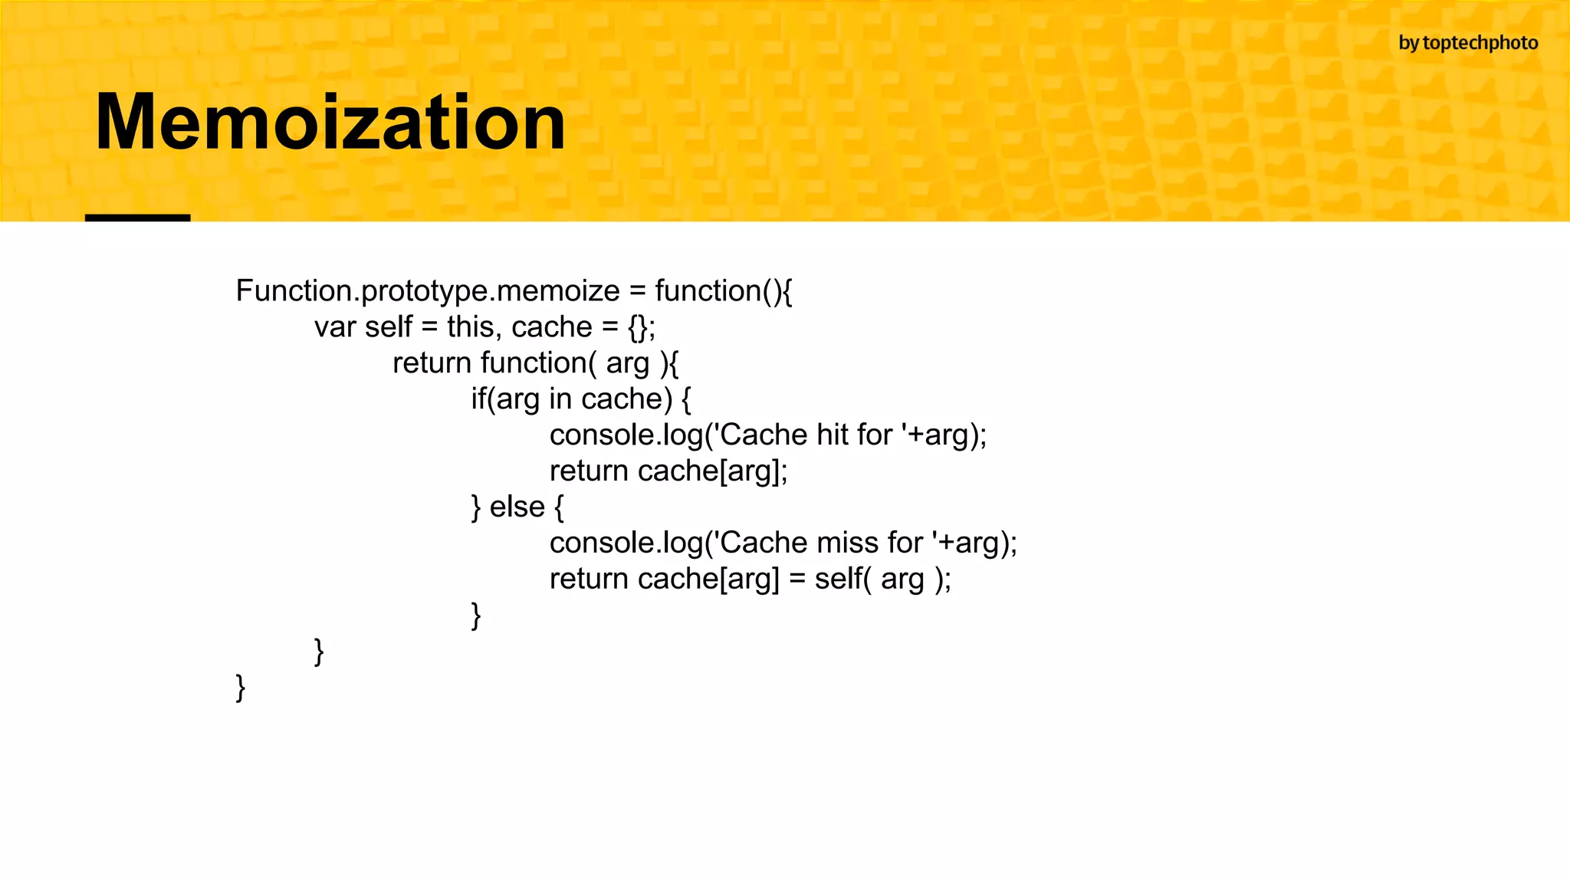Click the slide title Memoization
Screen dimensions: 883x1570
click(330, 123)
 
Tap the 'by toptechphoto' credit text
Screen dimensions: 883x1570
click(1467, 43)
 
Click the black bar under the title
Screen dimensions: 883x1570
click(137, 218)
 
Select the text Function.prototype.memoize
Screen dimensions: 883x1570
click(427, 291)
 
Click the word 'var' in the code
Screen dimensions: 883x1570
click(335, 327)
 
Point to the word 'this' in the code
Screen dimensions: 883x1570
click(469, 327)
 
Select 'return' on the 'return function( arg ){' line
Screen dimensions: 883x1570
click(432, 363)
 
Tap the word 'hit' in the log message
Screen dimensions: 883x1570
click(832, 435)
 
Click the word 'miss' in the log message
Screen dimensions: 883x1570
click(847, 543)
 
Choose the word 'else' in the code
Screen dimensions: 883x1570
click(517, 507)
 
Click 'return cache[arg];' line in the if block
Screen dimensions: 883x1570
click(668, 471)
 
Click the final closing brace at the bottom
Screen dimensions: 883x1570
click(241, 688)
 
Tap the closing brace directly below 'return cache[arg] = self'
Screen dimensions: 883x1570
click(476, 615)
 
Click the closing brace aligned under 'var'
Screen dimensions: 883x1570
click(319, 652)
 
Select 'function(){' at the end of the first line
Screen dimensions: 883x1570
click(723, 291)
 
